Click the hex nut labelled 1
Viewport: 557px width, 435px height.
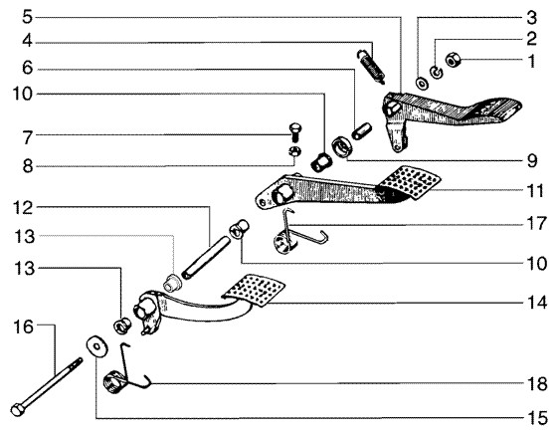(453, 60)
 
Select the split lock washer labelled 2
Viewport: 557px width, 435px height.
(437, 72)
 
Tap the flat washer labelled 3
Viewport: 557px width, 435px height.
(422, 84)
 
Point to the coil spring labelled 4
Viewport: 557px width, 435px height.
(371, 67)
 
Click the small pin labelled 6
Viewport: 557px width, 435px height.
(361, 130)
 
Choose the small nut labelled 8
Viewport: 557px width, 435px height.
(294, 151)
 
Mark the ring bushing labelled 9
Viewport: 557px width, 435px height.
(341, 145)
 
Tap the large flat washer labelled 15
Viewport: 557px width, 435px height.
(95, 345)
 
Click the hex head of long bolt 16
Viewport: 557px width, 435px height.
(18, 409)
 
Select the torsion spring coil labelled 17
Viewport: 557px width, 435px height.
(284, 242)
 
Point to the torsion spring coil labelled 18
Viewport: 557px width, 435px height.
(114, 382)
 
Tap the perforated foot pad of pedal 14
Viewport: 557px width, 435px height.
(254, 290)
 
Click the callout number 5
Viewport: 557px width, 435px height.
(28, 17)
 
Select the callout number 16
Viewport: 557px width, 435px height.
(23, 326)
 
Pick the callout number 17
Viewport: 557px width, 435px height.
(536, 224)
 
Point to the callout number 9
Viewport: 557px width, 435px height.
(532, 161)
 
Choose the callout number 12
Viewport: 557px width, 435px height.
(24, 208)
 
